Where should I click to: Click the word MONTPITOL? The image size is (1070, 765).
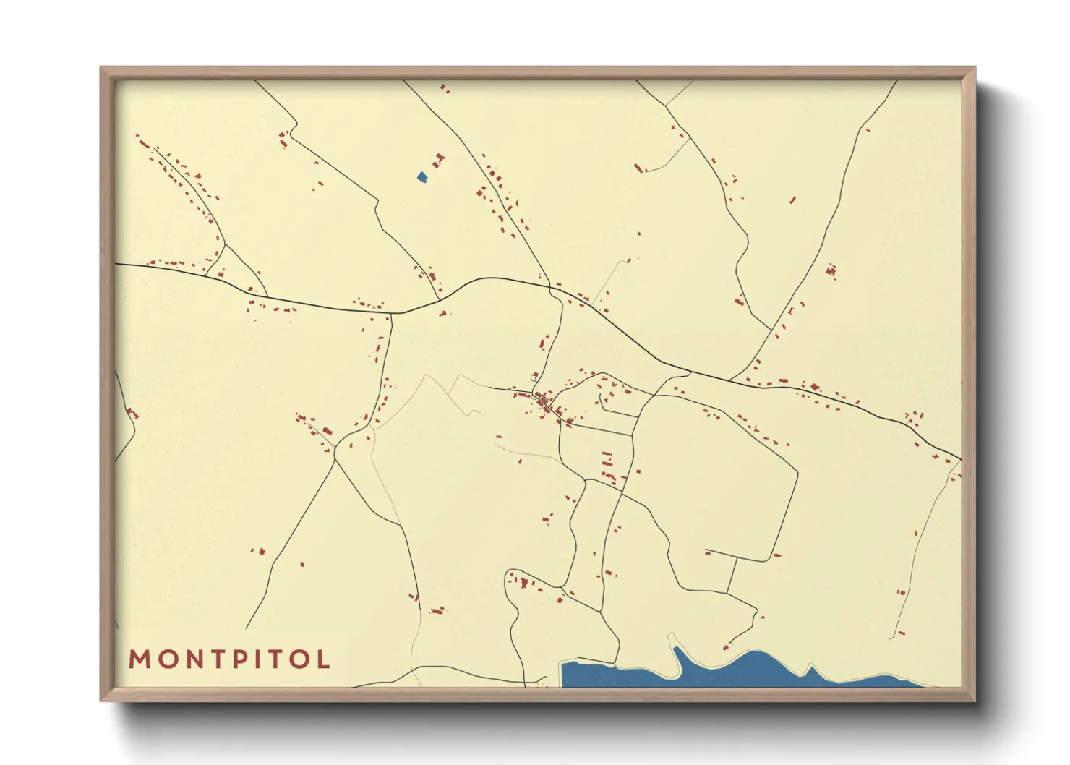tap(229, 659)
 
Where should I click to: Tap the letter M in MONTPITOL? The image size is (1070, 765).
tap(140, 659)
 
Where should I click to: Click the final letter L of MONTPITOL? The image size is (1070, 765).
tap(323, 659)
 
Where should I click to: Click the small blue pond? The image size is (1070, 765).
tap(421, 176)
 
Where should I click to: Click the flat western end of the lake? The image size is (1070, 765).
tap(568, 673)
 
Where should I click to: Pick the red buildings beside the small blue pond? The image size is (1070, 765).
tap(438, 159)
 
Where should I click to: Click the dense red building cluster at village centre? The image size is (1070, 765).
tap(546, 405)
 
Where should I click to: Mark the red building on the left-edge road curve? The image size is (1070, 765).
tap(132, 414)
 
